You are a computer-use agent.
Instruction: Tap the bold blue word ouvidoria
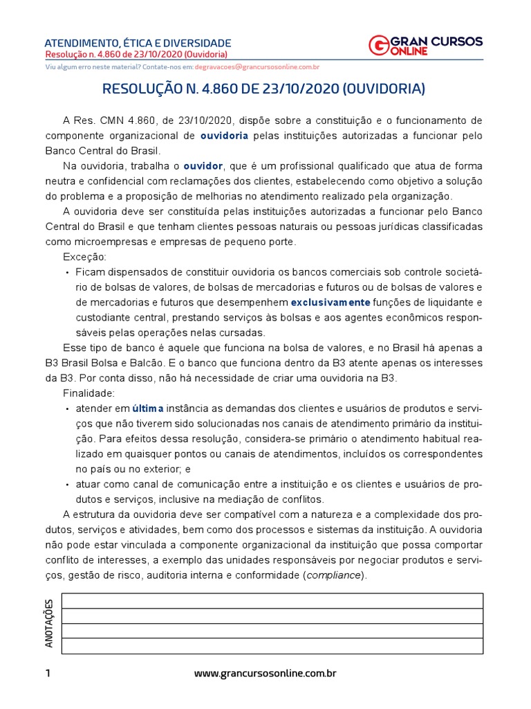(x=224, y=136)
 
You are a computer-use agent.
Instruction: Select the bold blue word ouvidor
(x=203, y=166)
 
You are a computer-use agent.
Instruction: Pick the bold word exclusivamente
(x=330, y=303)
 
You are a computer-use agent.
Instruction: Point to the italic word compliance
(x=334, y=575)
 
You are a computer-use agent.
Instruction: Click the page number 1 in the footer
(x=48, y=673)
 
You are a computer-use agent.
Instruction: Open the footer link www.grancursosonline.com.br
(x=265, y=673)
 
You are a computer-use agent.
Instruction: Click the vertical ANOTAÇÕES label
(x=49, y=624)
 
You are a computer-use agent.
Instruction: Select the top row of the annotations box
(x=272, y=601)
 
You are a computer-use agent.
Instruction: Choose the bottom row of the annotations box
(x=272, y=646)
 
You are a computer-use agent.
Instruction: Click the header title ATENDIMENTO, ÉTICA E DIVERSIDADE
(x=138, y=43)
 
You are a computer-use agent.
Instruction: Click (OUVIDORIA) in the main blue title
(x=384, y=89)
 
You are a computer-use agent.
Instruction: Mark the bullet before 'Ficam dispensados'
(x=67, y=273)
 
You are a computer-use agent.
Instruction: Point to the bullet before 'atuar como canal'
(x=67, y=485)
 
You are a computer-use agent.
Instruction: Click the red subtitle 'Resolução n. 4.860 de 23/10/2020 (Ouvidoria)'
(x=136, y=55)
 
